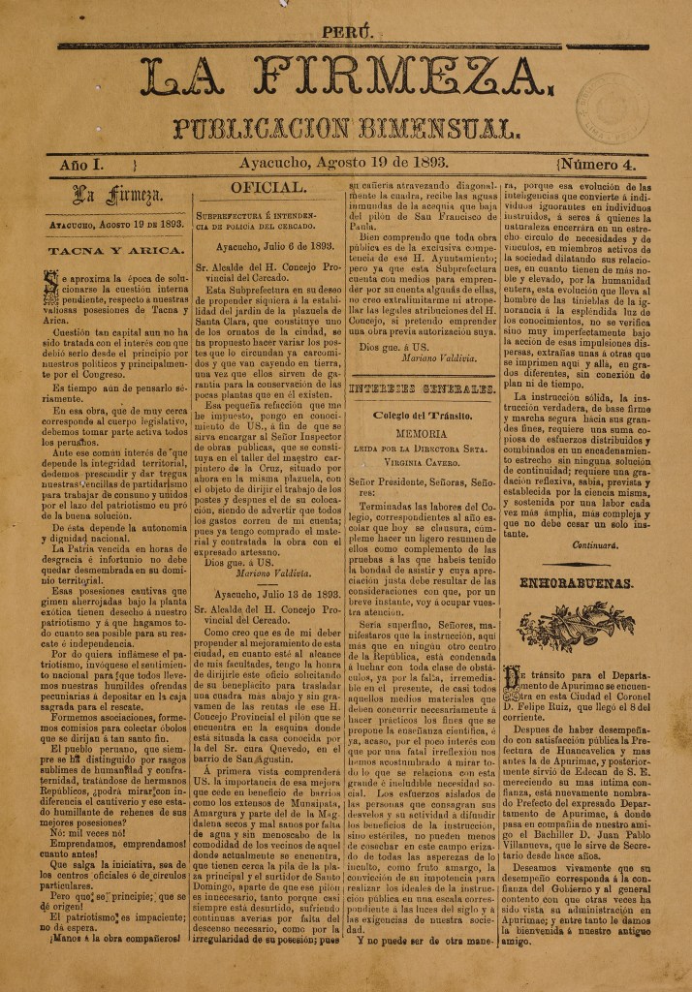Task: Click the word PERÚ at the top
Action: pyautogui.click(x=346, y=33)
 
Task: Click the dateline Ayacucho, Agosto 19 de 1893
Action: pyautogui.click(x=345, y=165)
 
